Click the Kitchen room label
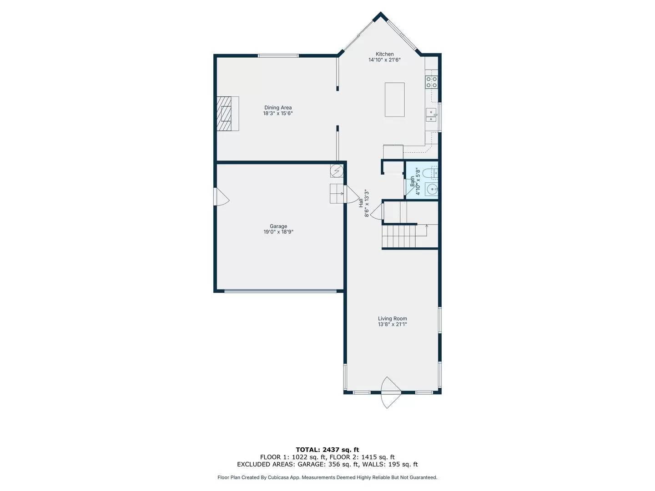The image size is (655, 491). (384, 54)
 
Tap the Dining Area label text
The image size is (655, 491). (278, 108)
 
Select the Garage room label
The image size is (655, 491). (278, 226)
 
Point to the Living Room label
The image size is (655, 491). (392, 319)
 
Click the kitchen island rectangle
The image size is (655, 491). (394, 100)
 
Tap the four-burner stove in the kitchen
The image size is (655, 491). (431, 82)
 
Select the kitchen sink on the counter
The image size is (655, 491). (431, 115)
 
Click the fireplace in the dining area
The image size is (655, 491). (227, 114)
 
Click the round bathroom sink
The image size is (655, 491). (431, 189)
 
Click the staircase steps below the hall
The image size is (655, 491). (399, 236)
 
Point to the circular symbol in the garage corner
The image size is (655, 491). (337, 170)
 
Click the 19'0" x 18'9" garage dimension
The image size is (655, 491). (278, 232)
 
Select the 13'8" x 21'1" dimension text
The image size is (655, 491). (392, 325)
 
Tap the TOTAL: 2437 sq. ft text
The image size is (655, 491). (327, 450)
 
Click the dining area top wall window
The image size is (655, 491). (278, 56)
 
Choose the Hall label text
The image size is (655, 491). (361, 203)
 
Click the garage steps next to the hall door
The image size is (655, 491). (337, 194)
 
